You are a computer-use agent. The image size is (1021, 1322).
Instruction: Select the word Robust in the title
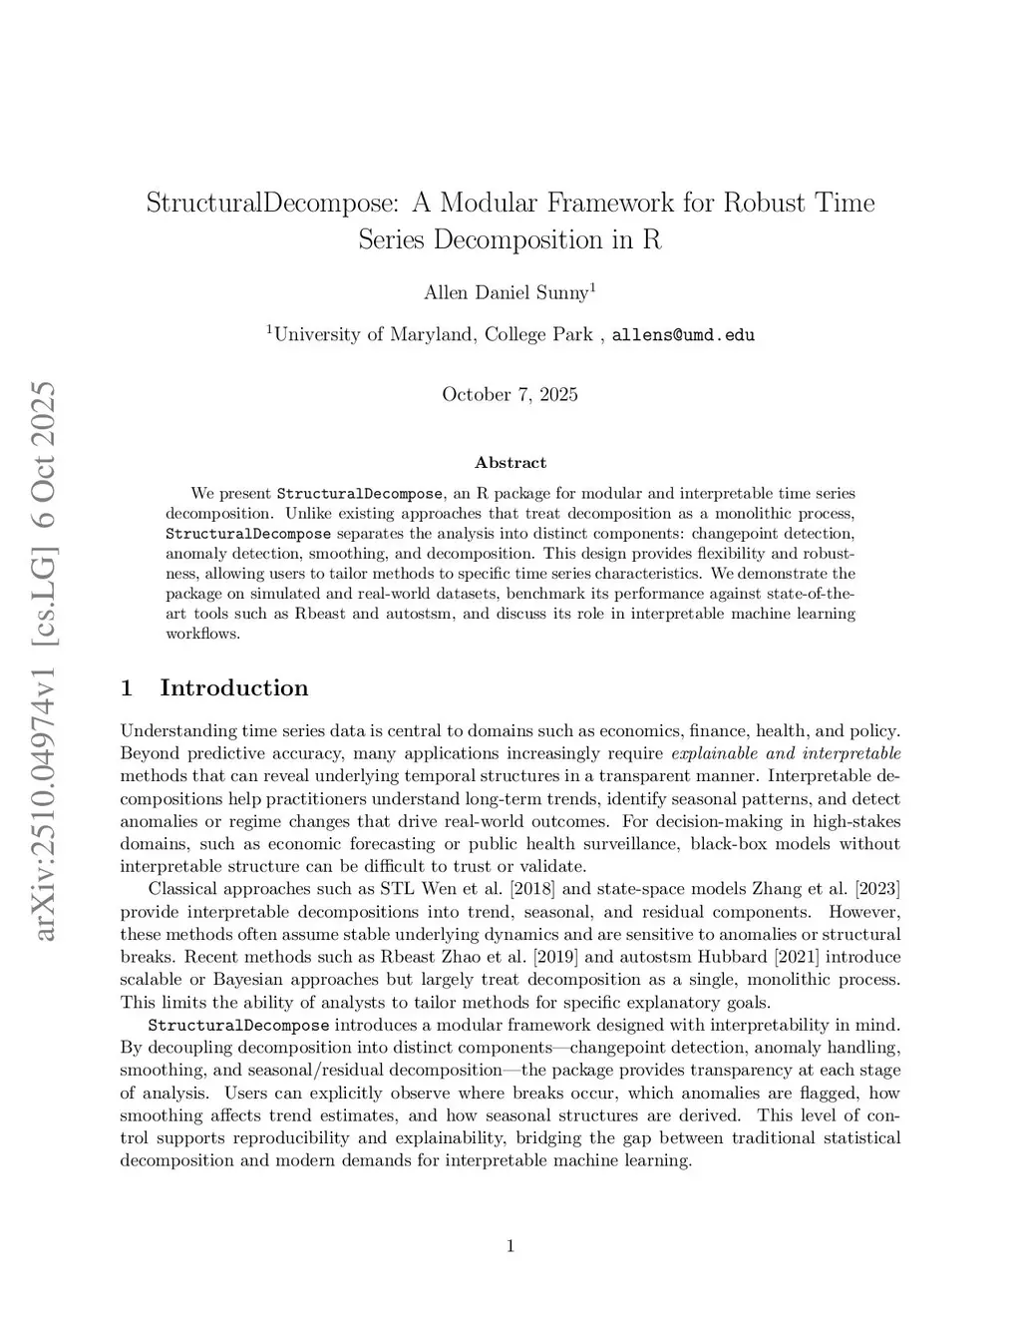(765, 204)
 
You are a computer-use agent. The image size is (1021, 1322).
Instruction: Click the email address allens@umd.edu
(683, 335)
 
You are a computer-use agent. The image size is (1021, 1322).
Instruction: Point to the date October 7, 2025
(510, 394)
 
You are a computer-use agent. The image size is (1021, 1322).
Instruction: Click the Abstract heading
(510, 463)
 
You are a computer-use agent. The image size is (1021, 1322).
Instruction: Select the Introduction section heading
(233, 688)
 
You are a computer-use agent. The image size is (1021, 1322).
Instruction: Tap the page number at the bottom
(510, 1245)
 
